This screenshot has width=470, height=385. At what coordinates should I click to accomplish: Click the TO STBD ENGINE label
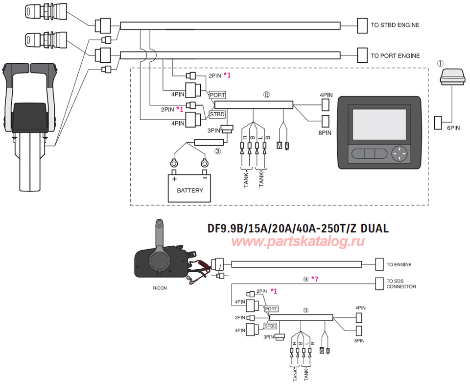coord(395,25)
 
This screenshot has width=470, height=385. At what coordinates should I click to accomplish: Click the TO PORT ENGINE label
coord(395,56)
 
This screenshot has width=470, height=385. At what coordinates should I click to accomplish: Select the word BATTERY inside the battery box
coord(189,190)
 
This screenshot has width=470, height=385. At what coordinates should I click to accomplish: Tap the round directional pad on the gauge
coord(400,154)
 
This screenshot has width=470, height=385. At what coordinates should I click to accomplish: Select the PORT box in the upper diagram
coord(217,94)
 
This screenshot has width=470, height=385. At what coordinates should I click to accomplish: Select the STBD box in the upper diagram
coord(217,114)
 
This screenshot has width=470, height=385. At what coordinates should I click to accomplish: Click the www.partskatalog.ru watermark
coord(298,241)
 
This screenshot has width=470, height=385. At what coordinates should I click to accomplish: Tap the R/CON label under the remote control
coord(160,288)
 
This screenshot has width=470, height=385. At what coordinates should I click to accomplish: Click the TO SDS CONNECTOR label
coord(401,283)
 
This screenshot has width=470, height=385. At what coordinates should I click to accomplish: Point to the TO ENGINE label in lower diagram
coord(399,264)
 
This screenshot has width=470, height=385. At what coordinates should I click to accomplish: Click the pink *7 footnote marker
coord(315,279)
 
